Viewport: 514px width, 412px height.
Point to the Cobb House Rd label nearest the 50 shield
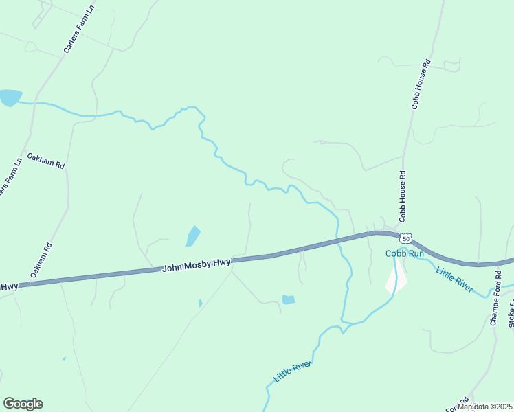(403, 196)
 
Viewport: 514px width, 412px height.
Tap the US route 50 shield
(406, 238)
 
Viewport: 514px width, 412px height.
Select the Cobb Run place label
(405, 253)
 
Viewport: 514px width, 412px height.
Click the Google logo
(23, 403)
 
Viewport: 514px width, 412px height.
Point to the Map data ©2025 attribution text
(485, 407)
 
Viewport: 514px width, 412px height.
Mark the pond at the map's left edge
(10, 98)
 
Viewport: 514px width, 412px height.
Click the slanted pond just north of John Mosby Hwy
(192, 236)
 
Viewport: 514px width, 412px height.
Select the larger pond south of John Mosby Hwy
(289, 299)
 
